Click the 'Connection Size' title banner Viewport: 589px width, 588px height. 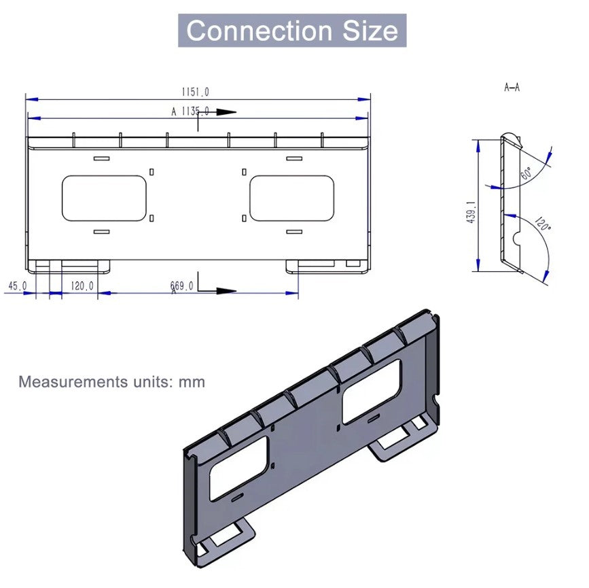click(x=292, y=31)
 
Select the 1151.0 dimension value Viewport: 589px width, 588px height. click(x=195, y=92)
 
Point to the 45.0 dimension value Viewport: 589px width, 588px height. click(x=17, y=286)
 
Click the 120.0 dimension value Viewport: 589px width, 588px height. click(x=82, y=286)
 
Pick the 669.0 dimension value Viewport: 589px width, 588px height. click(x=181, y=286)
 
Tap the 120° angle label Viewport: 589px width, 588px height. click(x=541, y=224)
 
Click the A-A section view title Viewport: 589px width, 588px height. click(x=512, y=88)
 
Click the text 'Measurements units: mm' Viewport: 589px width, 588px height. click(x=111, y=381)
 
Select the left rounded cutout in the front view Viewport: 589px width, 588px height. click(x=104, y=198)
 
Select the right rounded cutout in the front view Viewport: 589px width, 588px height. click(x=291, y=198)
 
